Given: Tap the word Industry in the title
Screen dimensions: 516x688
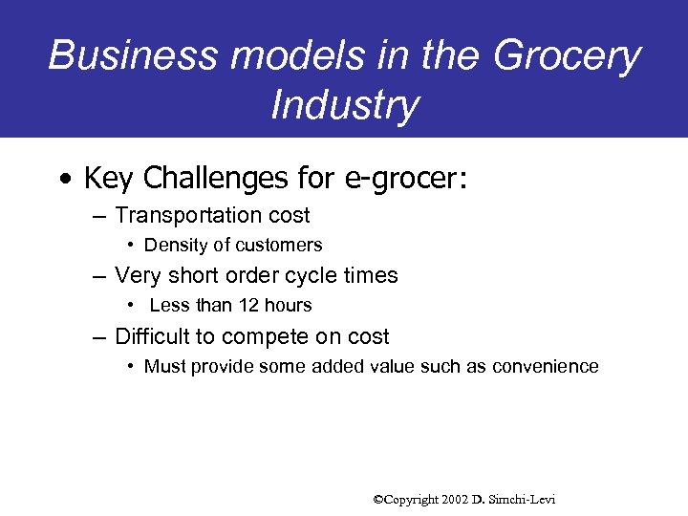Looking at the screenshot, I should (344, 105).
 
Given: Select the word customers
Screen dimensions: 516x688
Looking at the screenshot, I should (278, 246).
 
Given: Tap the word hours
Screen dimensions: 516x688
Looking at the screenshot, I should (288, 306).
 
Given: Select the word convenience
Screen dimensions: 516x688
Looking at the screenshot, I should (546, 367).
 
